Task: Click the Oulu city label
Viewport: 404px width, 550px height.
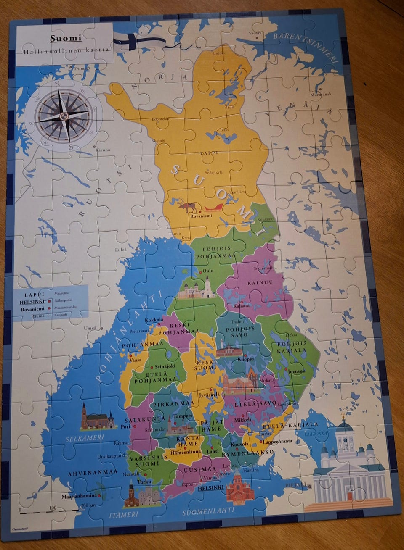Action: coord(208,270)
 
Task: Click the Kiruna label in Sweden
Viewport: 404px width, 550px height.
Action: coord(103,150)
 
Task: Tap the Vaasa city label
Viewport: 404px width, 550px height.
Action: coord(136,360)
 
